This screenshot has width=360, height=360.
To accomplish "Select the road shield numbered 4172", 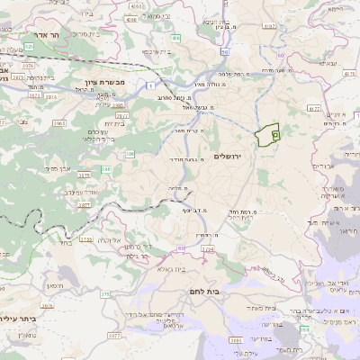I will (314, 109).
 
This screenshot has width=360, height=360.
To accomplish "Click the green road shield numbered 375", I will (104, 293).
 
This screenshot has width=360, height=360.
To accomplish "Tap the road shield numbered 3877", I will (114, 334).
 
